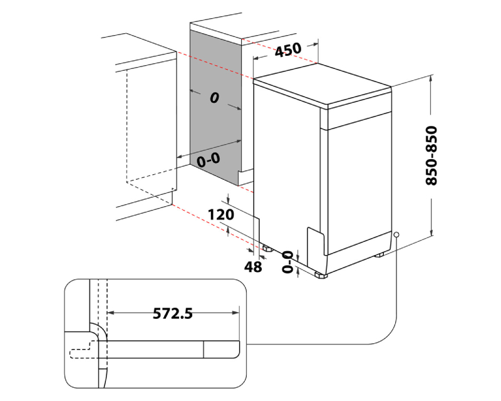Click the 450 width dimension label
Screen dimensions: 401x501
(x=288, y=49)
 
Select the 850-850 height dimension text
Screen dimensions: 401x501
(x=431, y=156)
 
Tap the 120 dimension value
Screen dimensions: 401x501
(x=220, y=214)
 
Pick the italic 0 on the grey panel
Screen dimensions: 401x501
(x=214, y=98)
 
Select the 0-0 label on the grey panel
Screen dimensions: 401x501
(x=209, y=160)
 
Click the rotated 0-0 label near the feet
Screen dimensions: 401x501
(x=287, y=261)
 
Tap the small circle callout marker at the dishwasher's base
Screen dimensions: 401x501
(x=396, y=235)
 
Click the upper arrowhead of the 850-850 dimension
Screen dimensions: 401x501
(x=431, y=78)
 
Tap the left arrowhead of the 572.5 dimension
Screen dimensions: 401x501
(x=111, y=312)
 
